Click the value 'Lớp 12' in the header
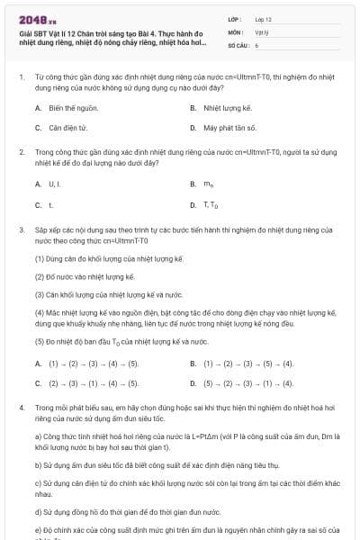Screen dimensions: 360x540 pyautogui.click(x=263, y=18)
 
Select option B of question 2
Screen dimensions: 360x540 pyautogui.click(x=208, y=184)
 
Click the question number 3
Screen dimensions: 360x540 pyautogui.click(x=22, y=231)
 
